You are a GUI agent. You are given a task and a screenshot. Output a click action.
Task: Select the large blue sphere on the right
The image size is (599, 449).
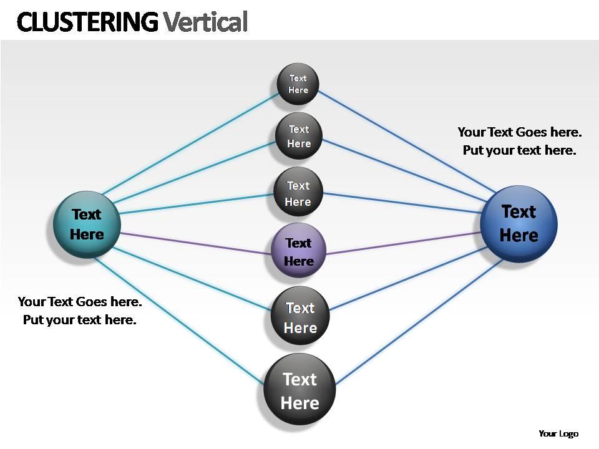coord(518,223)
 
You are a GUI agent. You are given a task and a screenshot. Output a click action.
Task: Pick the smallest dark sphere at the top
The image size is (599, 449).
coord(298,84)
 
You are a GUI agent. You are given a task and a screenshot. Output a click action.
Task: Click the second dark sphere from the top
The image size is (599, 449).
coord(298,136)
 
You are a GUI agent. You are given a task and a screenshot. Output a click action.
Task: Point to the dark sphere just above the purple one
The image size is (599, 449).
coord(298,193)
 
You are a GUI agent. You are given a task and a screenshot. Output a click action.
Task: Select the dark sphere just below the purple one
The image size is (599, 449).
coord(299,317)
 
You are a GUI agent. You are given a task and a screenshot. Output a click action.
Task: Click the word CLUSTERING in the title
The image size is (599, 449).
coord(87,22)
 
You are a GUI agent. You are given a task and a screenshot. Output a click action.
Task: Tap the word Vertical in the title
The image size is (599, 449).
coord(205,22)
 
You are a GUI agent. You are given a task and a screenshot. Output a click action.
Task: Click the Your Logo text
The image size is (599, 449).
coord(558,433)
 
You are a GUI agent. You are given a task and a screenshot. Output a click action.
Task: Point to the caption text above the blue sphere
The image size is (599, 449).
coord(519,141)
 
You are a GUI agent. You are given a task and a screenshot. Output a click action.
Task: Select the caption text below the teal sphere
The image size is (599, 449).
coord(80,311)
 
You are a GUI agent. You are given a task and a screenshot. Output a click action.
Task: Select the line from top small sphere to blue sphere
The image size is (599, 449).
coord(406,138)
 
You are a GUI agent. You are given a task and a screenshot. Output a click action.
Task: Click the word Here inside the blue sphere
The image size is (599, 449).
coord(519,236)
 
